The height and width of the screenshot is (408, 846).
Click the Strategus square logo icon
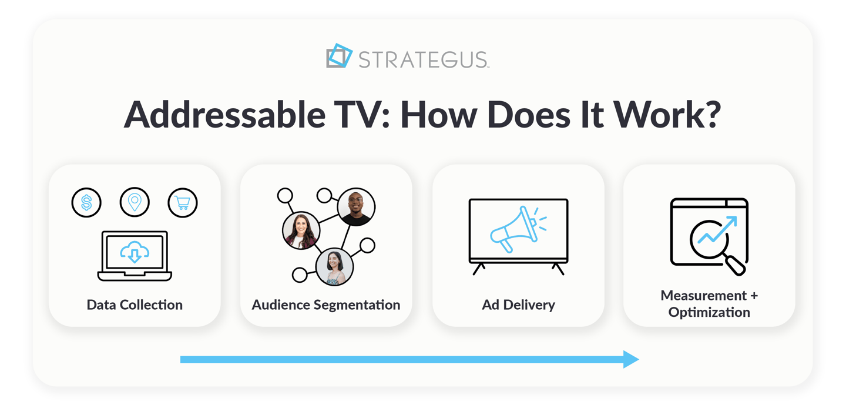pos(339,56)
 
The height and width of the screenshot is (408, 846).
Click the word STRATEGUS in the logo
pos(423,59)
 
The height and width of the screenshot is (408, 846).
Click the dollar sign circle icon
pos(86,203)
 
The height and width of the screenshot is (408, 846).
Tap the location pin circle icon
pos(135,203)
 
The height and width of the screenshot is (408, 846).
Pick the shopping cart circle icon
pos(183,203)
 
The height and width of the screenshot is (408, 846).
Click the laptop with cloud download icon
pos(135,256)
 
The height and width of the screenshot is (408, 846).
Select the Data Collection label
pos(135,305)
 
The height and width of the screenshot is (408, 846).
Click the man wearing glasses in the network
pos(356,207)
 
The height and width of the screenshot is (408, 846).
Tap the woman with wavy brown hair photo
pos(301,230)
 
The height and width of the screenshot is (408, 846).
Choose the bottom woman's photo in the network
pos(334,266)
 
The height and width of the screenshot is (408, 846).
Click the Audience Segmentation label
pos(326,305)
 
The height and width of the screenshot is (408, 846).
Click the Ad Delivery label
pos(518,305)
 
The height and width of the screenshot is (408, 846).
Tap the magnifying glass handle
pos(736,266)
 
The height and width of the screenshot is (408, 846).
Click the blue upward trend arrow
pos(718,230)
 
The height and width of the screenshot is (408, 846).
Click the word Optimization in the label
pos(709,312)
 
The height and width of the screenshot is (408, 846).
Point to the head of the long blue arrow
pos(631,359)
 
